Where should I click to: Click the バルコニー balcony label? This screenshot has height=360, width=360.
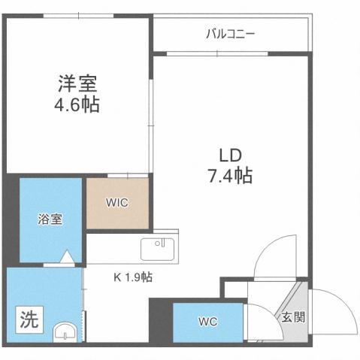click(x=231, y=34)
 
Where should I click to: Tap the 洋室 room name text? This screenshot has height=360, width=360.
click(x=77, y=82)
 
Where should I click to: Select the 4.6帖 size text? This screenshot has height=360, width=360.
click(x=77, y=104)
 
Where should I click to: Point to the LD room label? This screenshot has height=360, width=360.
click(x=230, y=155)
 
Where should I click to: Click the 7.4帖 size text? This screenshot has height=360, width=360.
click(x=230, y=177)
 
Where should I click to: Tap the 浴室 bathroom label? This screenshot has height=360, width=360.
click(x=50, y=219)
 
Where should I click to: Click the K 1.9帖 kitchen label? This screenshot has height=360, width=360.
click(x=133, y=277)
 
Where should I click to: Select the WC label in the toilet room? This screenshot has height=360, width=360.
click(x=208, y=322)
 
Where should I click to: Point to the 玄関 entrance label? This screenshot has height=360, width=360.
click(x=293, y=317)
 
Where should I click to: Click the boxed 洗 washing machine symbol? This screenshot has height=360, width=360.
click(x=28, y=321)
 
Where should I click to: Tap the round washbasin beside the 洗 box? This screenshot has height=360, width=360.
click(x=67, y=331)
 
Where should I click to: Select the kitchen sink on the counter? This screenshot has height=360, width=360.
click(x=159, y=247)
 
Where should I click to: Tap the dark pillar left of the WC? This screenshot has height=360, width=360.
click(x=160, y=321)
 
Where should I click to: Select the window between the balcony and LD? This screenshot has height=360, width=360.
click(x=218, y=53)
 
